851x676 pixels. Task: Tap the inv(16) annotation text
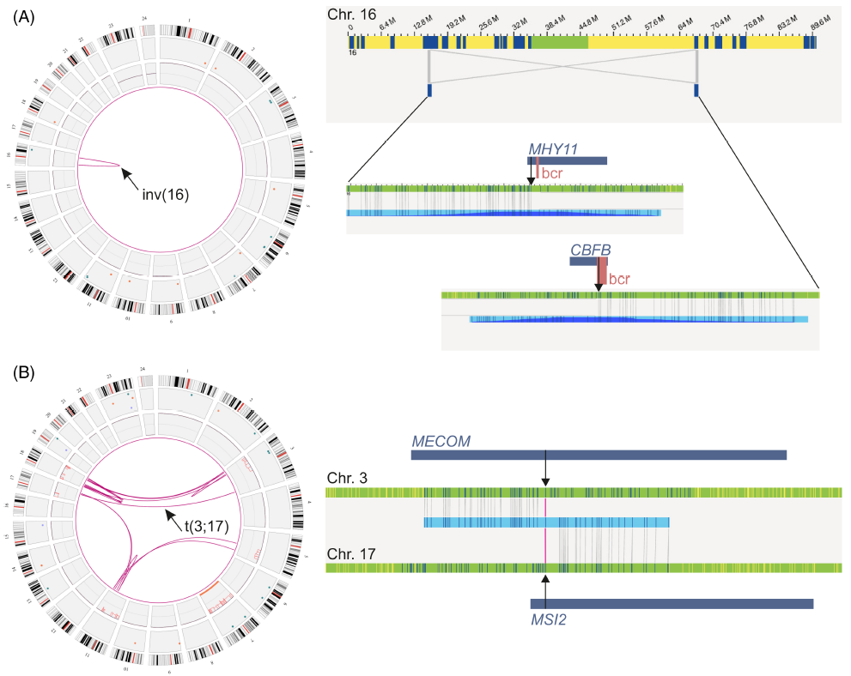point(166,194)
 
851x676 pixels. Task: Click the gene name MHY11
point(553,149)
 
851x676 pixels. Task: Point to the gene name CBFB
point(590,249)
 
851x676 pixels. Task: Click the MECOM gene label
point(441,441)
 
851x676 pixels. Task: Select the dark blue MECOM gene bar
point(598,455)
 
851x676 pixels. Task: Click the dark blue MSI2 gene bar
point(672,604)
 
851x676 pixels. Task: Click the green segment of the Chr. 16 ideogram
point(559,41)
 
